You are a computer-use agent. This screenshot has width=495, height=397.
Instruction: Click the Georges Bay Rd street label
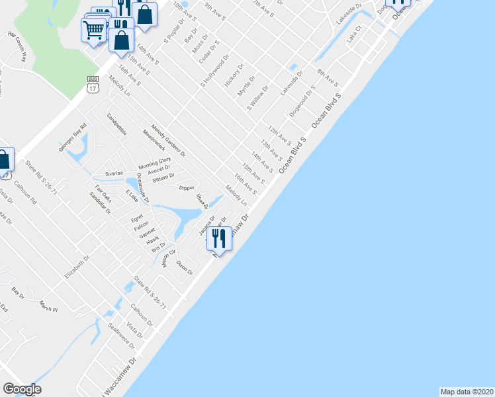pyautogui.click(x=73, y=138)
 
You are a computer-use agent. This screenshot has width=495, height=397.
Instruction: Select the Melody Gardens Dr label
pyautogui.click(x=169, y=140)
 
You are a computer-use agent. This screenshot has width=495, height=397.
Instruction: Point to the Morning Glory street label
pyautogui.click(x=154, y=162)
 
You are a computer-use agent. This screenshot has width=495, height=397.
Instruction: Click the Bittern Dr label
pyautogui.click(x=163, y=177)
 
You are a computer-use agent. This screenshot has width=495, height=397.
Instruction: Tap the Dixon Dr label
pyautogui.click(x=185, y=267)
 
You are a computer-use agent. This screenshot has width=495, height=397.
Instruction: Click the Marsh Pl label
pyautogui.click(x=48, y=307)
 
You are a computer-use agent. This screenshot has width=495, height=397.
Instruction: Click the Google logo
pyautogui.click(x=22, y=389)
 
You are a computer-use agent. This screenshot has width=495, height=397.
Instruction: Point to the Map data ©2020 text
pyautogui.click(x=466, y=391)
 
